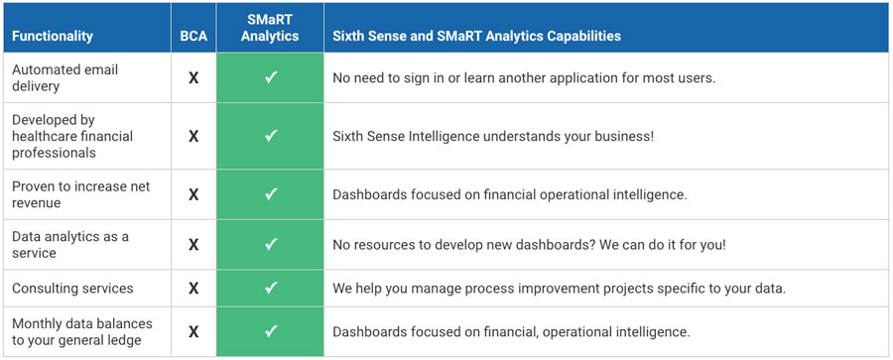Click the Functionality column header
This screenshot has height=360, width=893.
coord(52,36)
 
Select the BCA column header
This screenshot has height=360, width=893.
coord(193,36)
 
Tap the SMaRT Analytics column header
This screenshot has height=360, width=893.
coord(270,28)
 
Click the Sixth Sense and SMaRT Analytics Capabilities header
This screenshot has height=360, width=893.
coord(476,36)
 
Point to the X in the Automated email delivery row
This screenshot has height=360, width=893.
coord(193,77)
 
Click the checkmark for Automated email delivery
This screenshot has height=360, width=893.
coord(270,77)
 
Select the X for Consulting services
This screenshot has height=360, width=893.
coord(193,289)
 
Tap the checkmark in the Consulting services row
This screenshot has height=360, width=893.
coord(270,289)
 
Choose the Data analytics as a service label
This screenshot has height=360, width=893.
coord(69,244)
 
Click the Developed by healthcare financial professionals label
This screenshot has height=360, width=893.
coord(71,136)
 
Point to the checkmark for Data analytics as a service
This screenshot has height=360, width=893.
coord(270,244)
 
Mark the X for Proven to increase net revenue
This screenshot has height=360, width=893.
coord(193,194)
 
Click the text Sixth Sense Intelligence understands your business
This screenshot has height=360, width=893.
coord(493,136)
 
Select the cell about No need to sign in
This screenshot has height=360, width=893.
coord(524,77)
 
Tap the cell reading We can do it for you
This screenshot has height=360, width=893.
coord(529,244)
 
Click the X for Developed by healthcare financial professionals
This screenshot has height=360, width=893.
coord(193,136)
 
